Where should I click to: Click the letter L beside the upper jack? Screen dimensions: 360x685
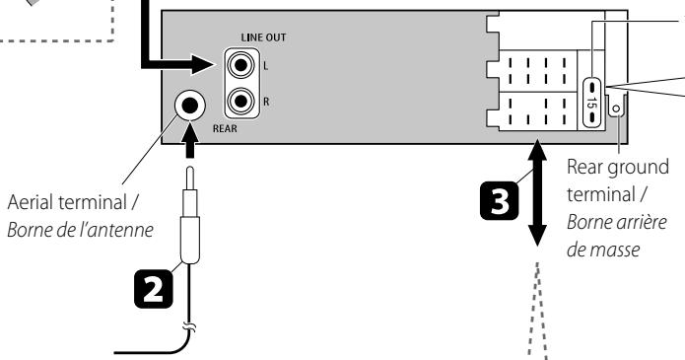tap(264, 67)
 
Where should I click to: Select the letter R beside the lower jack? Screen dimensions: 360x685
tap(264, 100)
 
